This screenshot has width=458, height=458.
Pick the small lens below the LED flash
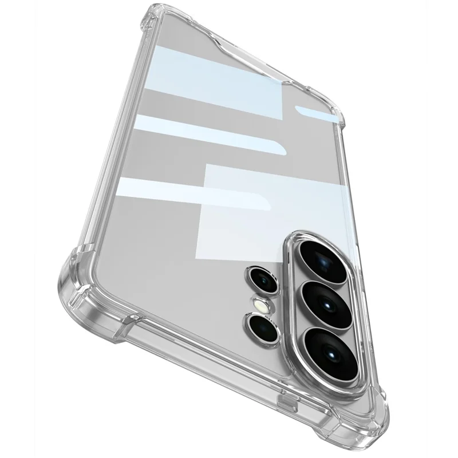264,327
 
